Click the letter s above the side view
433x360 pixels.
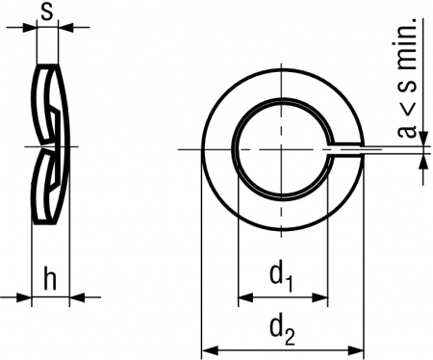[47, 13]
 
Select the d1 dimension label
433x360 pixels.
[282, 276]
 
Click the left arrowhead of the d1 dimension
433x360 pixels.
[245, 297]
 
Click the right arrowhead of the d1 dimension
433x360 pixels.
[320, 297]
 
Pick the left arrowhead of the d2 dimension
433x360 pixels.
[209, 350]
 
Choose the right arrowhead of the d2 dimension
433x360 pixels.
[356, 350]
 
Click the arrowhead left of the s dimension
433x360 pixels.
[30, 27]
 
